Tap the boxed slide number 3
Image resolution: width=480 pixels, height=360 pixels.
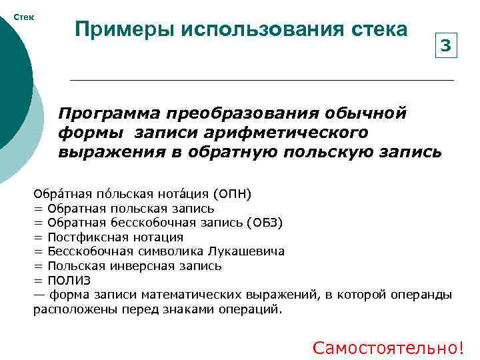click(445, 46)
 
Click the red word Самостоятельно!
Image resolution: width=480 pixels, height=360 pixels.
click(388, 347)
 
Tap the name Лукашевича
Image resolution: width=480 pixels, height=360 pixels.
click(246, 251)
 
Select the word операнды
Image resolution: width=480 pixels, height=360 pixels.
click(427, 295)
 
